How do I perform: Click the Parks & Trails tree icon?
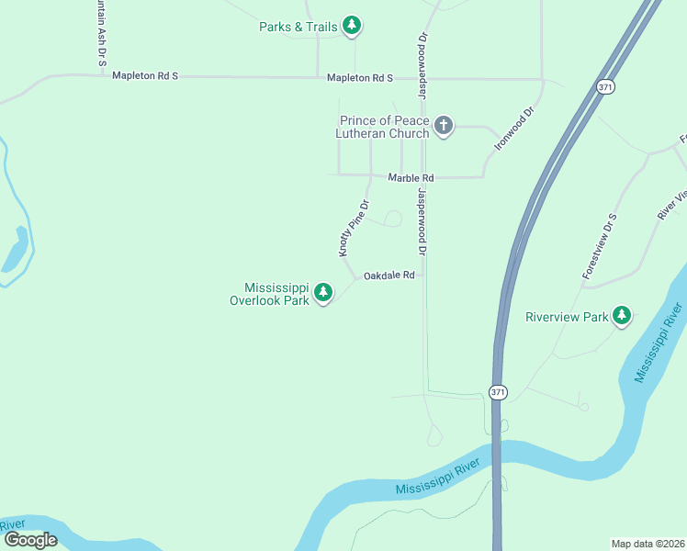pos(351,26)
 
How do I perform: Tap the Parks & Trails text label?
pos(298,27)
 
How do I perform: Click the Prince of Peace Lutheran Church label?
pos(384,127)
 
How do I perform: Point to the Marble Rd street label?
pos(410,177)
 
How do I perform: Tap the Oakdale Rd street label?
pos(389,275)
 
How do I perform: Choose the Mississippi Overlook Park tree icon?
pos(322,293)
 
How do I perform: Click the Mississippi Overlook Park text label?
pos(269,294)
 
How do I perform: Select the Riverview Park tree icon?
pos(623,316)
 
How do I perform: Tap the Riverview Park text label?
pos(567,317)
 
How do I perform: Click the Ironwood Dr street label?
pos(514,129)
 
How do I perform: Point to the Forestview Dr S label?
pos(599,246)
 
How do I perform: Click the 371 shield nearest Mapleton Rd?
pos(605,86)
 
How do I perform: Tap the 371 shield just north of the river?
pos(497,391)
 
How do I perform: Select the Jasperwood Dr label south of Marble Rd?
pos(422,222)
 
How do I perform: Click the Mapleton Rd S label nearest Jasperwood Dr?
pos(360,78)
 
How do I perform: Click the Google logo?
pos(30,540)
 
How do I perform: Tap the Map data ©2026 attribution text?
pos(648,543)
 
